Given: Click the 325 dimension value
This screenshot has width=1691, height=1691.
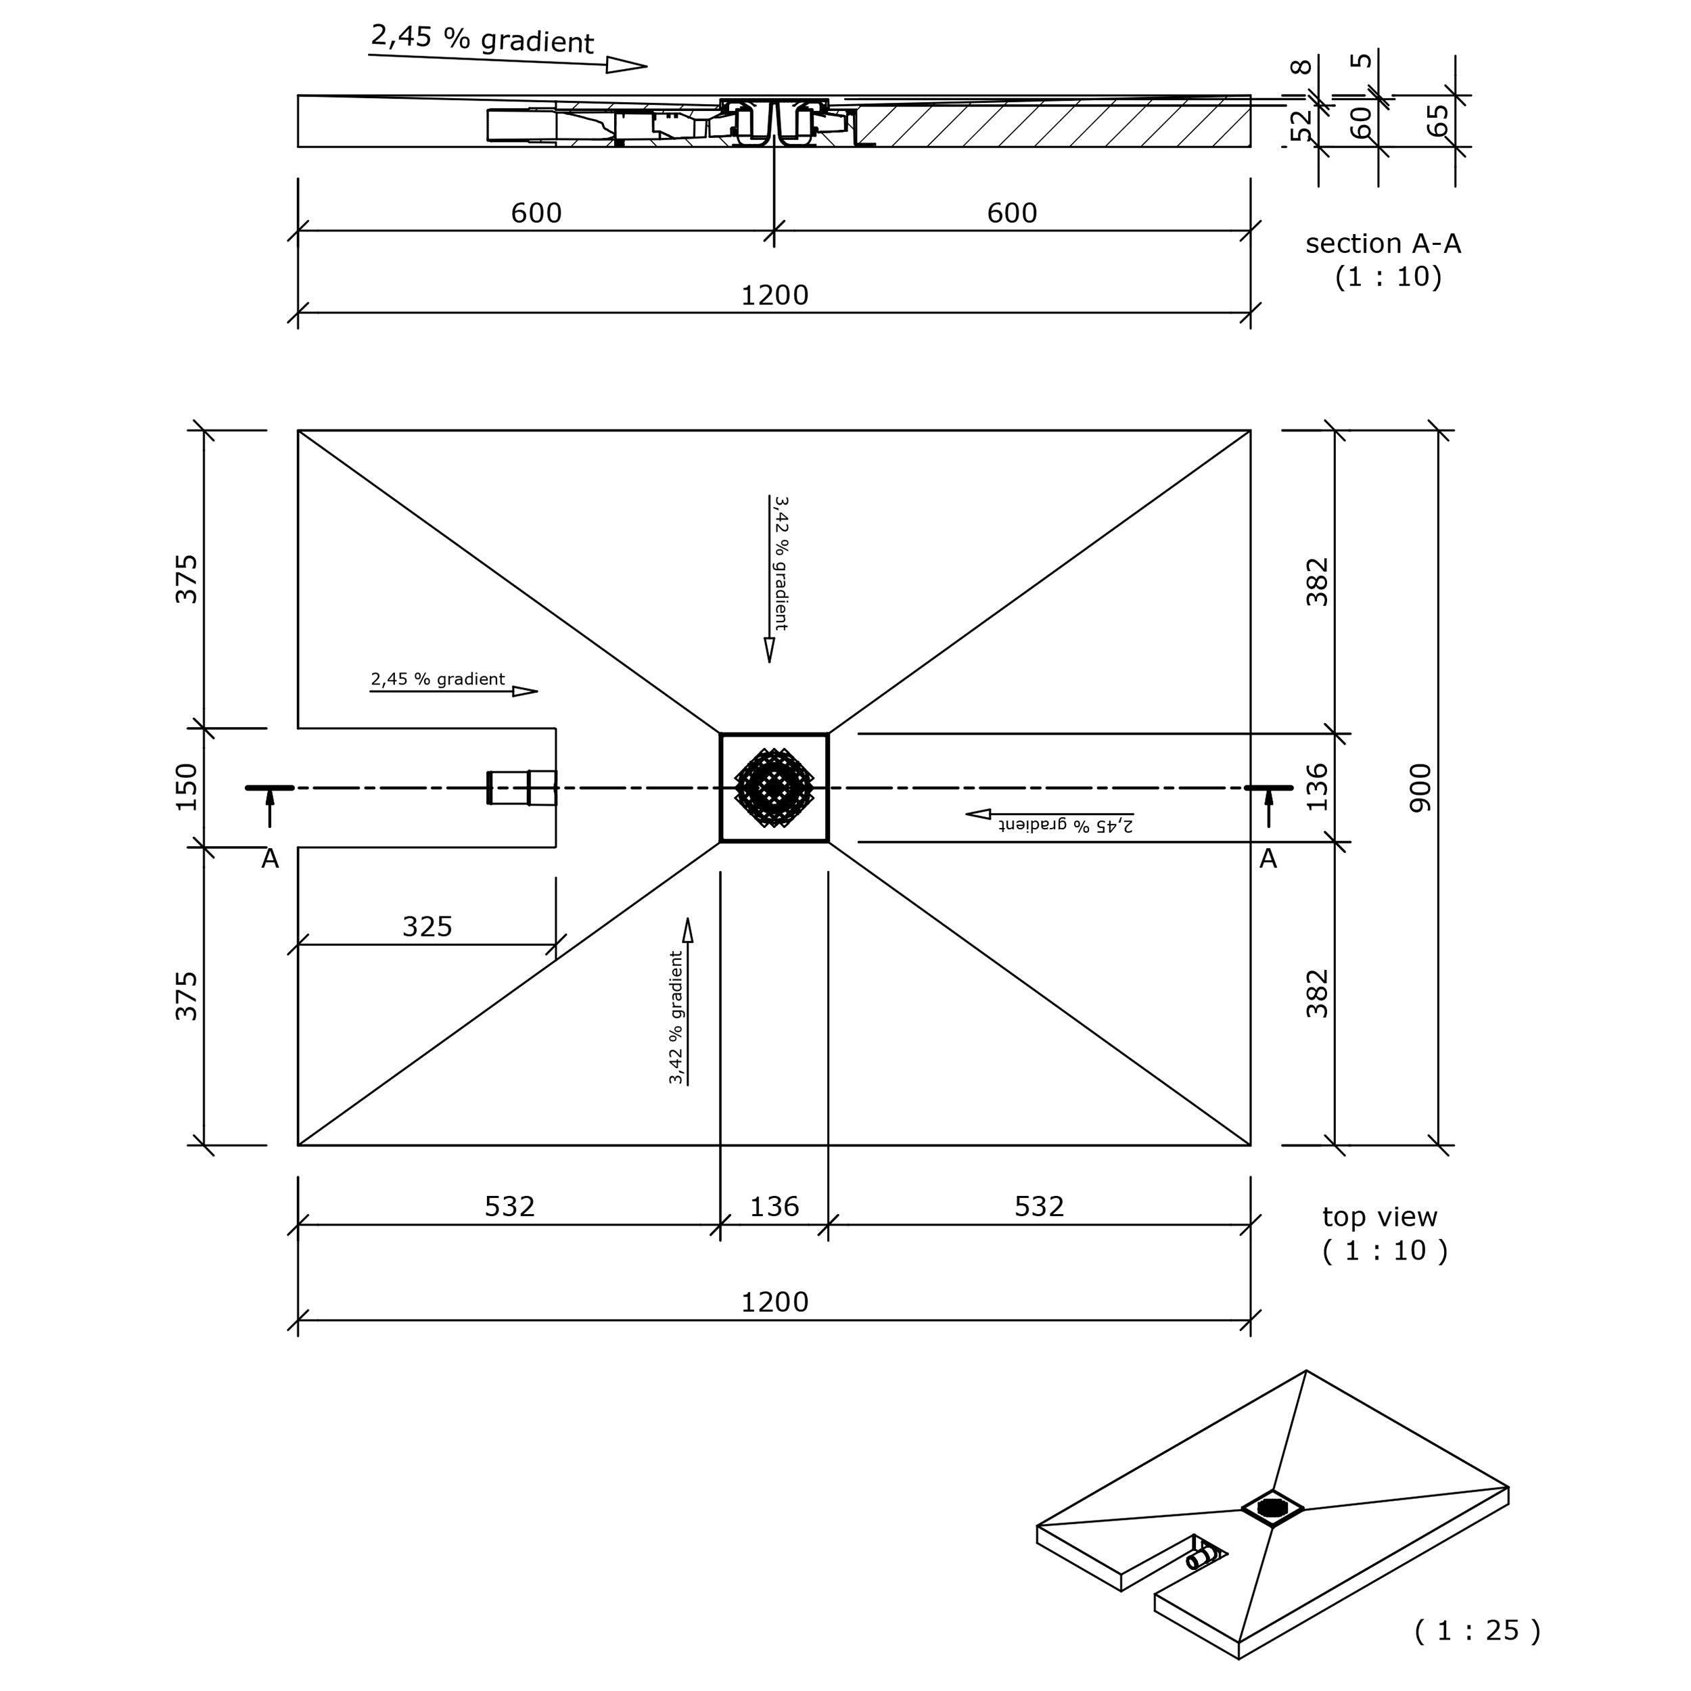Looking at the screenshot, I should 427,926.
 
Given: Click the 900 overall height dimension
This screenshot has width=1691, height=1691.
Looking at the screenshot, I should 1420,788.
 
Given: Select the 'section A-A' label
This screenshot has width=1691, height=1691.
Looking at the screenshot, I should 1383,244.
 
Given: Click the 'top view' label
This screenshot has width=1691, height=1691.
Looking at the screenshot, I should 1379,1217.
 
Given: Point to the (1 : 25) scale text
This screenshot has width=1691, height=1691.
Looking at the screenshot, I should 1477,1629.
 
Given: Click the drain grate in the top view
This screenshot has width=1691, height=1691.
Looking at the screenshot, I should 774,788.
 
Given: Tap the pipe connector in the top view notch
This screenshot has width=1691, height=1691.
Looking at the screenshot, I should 522,788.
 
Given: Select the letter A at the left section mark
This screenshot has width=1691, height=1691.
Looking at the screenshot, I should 270,860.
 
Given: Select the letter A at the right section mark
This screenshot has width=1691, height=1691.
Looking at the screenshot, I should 1268,860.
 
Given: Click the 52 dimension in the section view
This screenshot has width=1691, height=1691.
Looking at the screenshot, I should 1302,123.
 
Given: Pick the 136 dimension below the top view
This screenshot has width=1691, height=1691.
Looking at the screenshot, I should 774,1207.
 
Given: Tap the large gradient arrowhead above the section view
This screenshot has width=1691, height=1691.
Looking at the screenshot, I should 626,65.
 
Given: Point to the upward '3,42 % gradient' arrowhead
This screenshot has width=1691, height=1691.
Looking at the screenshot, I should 688,929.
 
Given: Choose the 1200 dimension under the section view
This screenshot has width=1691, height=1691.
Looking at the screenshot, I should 774,296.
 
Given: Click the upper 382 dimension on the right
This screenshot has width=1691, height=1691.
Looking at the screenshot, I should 1316,582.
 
